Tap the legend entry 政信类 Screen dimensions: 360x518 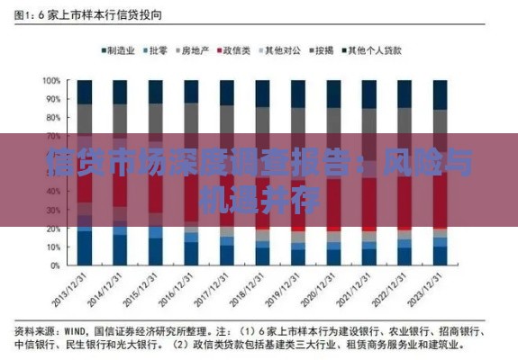[235, 51]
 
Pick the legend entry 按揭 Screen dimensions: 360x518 [322, 51]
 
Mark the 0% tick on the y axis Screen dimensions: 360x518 [53, 266]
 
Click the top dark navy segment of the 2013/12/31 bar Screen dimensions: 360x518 [84, 92]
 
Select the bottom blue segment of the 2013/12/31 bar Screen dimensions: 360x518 [84, 248]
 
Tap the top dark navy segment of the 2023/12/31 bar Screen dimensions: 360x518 [440, 94]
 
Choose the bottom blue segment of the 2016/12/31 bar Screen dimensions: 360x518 [191, 254]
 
